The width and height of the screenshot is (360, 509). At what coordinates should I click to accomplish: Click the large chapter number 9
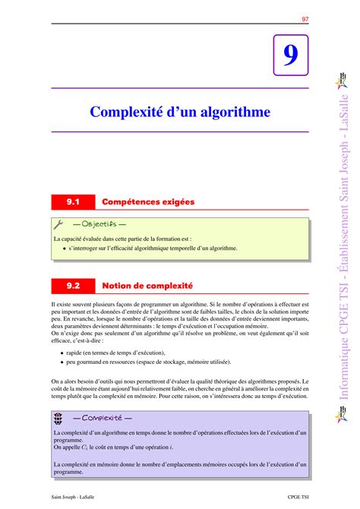[290, 56]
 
